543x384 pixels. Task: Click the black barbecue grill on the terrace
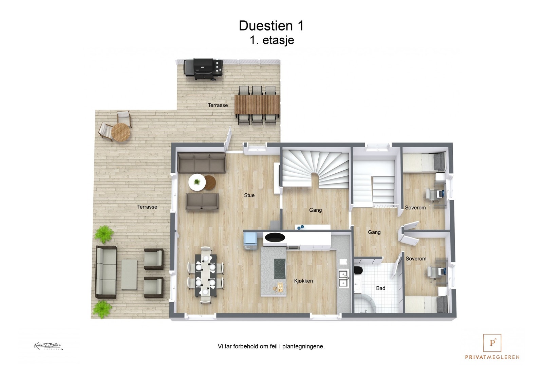[x=203, y=69]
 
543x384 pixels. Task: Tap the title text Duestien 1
[x=271, y=26]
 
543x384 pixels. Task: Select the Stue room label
[x=249, y=195]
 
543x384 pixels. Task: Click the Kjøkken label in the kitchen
[x=303, y=281]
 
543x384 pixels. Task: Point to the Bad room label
[x=380, y=288]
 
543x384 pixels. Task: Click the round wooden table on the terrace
[x=121, y=132]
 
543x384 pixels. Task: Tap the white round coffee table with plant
[x=197, y=182]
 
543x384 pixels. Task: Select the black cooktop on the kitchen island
[x=280, y=264]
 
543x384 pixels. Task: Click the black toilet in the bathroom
[x=358, y=270]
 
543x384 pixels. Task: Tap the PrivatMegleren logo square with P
[x=492, y=343]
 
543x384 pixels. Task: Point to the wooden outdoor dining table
[x=258, y=104]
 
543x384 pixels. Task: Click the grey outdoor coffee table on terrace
[x=129, y=274]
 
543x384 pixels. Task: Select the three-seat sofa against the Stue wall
[x=202, y=163]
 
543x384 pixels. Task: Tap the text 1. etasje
[x=272, y=40]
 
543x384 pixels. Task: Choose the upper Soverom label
[x=415, y=208]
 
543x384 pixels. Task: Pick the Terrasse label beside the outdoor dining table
[x=218, y=105]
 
